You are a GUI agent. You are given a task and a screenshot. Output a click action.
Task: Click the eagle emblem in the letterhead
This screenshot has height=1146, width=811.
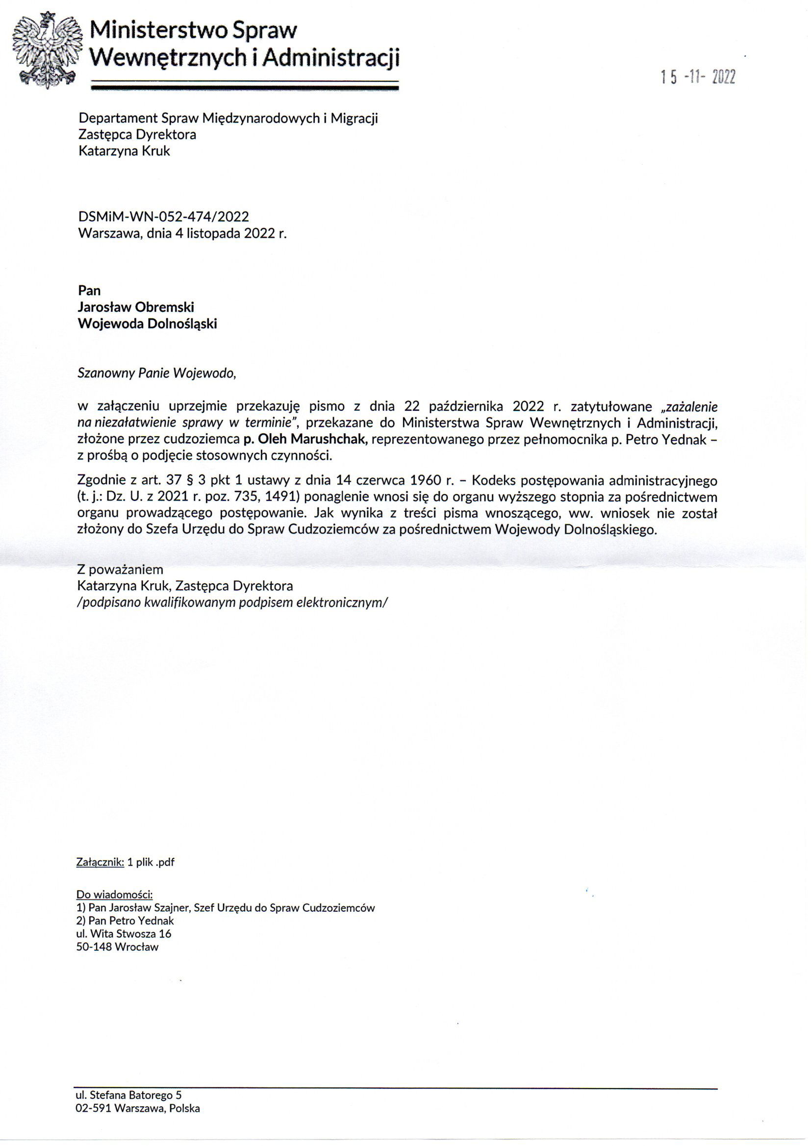[x=48, y=50]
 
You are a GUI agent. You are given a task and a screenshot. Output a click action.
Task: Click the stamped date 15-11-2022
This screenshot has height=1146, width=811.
[x=698, y=78]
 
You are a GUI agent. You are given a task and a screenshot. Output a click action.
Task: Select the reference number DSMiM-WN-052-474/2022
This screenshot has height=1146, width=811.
[x=163, y=217]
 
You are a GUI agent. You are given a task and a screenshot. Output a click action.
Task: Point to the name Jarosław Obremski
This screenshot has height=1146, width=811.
[x=136, y=307]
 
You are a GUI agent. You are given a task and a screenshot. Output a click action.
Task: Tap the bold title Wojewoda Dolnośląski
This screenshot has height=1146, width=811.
[x=147, y=324]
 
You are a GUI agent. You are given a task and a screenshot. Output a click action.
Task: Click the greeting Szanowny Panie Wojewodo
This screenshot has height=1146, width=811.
[x=156, y=373]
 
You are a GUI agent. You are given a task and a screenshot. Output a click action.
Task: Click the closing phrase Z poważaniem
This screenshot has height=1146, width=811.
[x=120, y=570]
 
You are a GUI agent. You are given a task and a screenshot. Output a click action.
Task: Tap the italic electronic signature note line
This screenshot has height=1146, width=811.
[x=232, y=602]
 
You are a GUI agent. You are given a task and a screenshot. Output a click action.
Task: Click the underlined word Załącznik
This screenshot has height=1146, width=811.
[x=100, y=862]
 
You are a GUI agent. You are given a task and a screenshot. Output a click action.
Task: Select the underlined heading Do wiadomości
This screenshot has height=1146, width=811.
[x=114, y=895]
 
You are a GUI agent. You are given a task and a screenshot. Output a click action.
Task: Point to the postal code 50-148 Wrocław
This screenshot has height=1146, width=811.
[x=117, y=947]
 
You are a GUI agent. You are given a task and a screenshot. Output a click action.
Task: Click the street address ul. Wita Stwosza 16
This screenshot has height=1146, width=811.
[x=124, y=934]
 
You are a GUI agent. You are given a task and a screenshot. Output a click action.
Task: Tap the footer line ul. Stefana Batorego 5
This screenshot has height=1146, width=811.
[x=128, y=1095]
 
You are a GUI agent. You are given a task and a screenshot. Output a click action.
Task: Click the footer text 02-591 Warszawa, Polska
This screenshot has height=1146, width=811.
[x=137, y=1108]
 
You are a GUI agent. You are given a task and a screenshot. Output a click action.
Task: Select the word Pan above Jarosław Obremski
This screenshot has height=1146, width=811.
[x=89, y=291]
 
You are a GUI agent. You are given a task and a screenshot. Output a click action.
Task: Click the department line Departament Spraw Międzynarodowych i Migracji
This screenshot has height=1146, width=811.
[x=228, y=118]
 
